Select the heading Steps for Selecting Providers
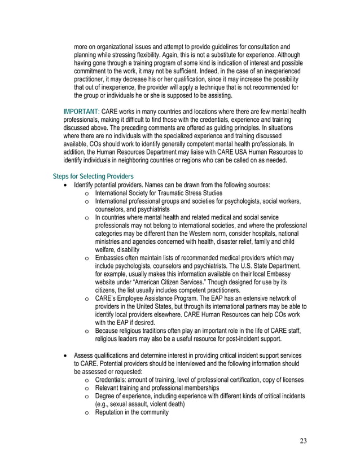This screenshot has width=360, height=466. tap(93, 177)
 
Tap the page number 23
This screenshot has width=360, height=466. tap(303, 441)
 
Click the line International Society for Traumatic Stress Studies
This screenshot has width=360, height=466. tap(159, 193)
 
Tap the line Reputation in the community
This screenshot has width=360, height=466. tap(131, 412)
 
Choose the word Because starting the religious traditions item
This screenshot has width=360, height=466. tap(109, 331)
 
